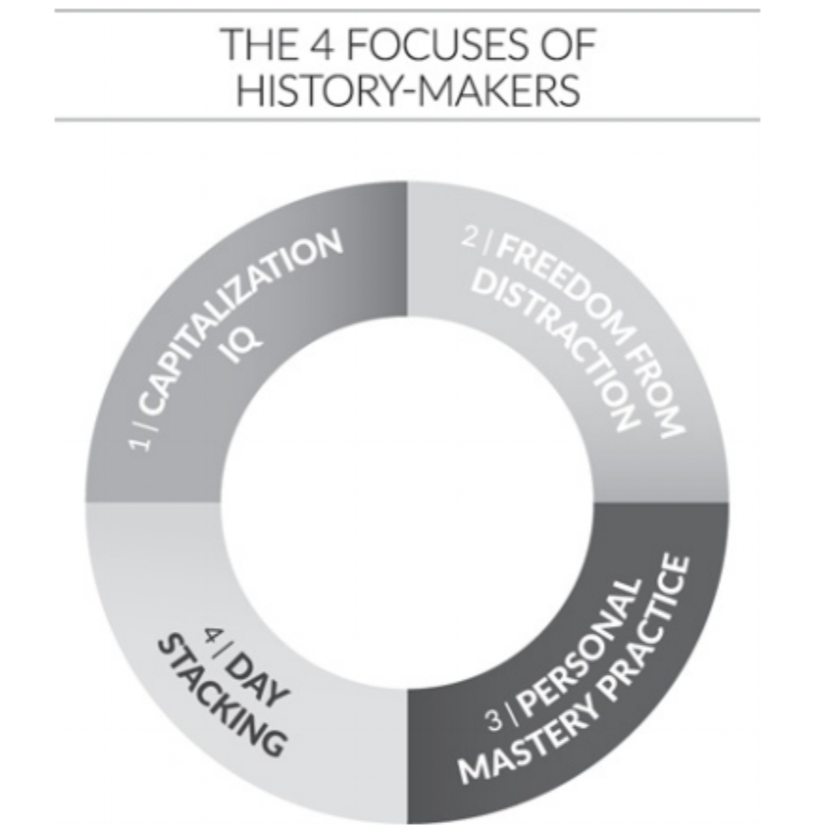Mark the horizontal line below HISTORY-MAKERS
tap(406, 121)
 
